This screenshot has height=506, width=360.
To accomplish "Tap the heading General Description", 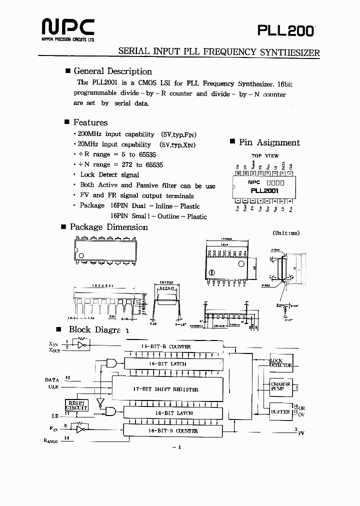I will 112,71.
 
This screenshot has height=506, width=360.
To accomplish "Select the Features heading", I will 90,122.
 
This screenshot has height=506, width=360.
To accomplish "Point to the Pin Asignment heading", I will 269,142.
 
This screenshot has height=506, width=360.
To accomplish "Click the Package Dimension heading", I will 108,227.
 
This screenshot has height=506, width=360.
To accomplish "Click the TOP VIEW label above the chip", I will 265,156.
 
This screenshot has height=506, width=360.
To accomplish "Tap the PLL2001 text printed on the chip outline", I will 264,190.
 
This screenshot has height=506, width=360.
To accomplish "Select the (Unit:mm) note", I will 285,233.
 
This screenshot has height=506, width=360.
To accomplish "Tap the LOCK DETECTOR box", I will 280,363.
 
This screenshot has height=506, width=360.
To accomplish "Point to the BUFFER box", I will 280,411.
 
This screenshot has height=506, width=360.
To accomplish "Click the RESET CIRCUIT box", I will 76,405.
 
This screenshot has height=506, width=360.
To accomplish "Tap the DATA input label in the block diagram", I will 52,380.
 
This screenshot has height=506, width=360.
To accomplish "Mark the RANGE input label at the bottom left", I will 51,441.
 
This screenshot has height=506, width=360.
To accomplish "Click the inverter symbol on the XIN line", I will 82,344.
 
